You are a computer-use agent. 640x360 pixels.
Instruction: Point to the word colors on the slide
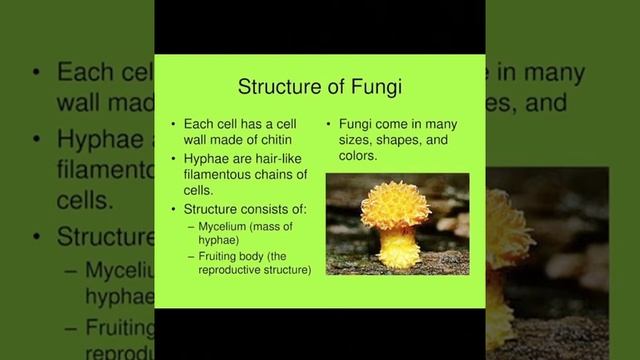tap(357, 156)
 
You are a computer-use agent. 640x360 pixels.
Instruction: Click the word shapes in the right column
tap(394, 140)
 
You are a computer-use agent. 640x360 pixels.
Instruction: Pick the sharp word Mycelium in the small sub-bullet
tap(225, 226)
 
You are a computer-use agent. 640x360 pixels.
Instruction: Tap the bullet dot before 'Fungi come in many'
tap(329, 124)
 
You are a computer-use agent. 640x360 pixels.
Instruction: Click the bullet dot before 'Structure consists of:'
tap(175, 208)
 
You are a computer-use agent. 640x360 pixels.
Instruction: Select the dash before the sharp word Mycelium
tap(191, 226)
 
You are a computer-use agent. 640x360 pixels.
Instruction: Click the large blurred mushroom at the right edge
tap(505, 240)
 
